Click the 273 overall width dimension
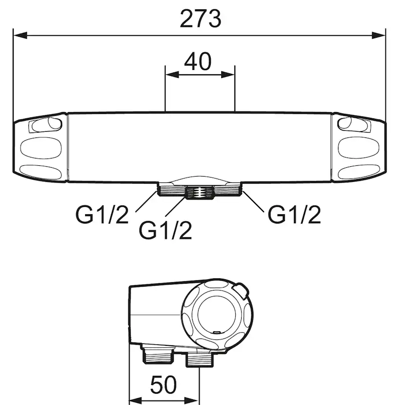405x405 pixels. pos(201,19)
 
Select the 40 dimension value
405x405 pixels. pos(198,62)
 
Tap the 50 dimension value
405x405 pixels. pos(163,384)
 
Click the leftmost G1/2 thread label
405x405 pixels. pos(102,215)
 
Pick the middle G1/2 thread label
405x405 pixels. pos(165,230)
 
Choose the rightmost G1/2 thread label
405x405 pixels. pos(294,215)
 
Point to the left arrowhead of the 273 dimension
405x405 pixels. pos(20,35)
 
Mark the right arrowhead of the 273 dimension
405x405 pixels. pos(379,35)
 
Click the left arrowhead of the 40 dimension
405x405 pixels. pos(172,75)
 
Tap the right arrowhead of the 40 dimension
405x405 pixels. pos(228,75)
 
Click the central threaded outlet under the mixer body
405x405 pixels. pos(200,193)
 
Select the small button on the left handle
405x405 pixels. pos(46,125)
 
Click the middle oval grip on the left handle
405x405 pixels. pos(41,148)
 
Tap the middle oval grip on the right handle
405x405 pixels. pos(359,148)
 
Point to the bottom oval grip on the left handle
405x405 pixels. pos(41,172)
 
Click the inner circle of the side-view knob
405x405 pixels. pos(217,315)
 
